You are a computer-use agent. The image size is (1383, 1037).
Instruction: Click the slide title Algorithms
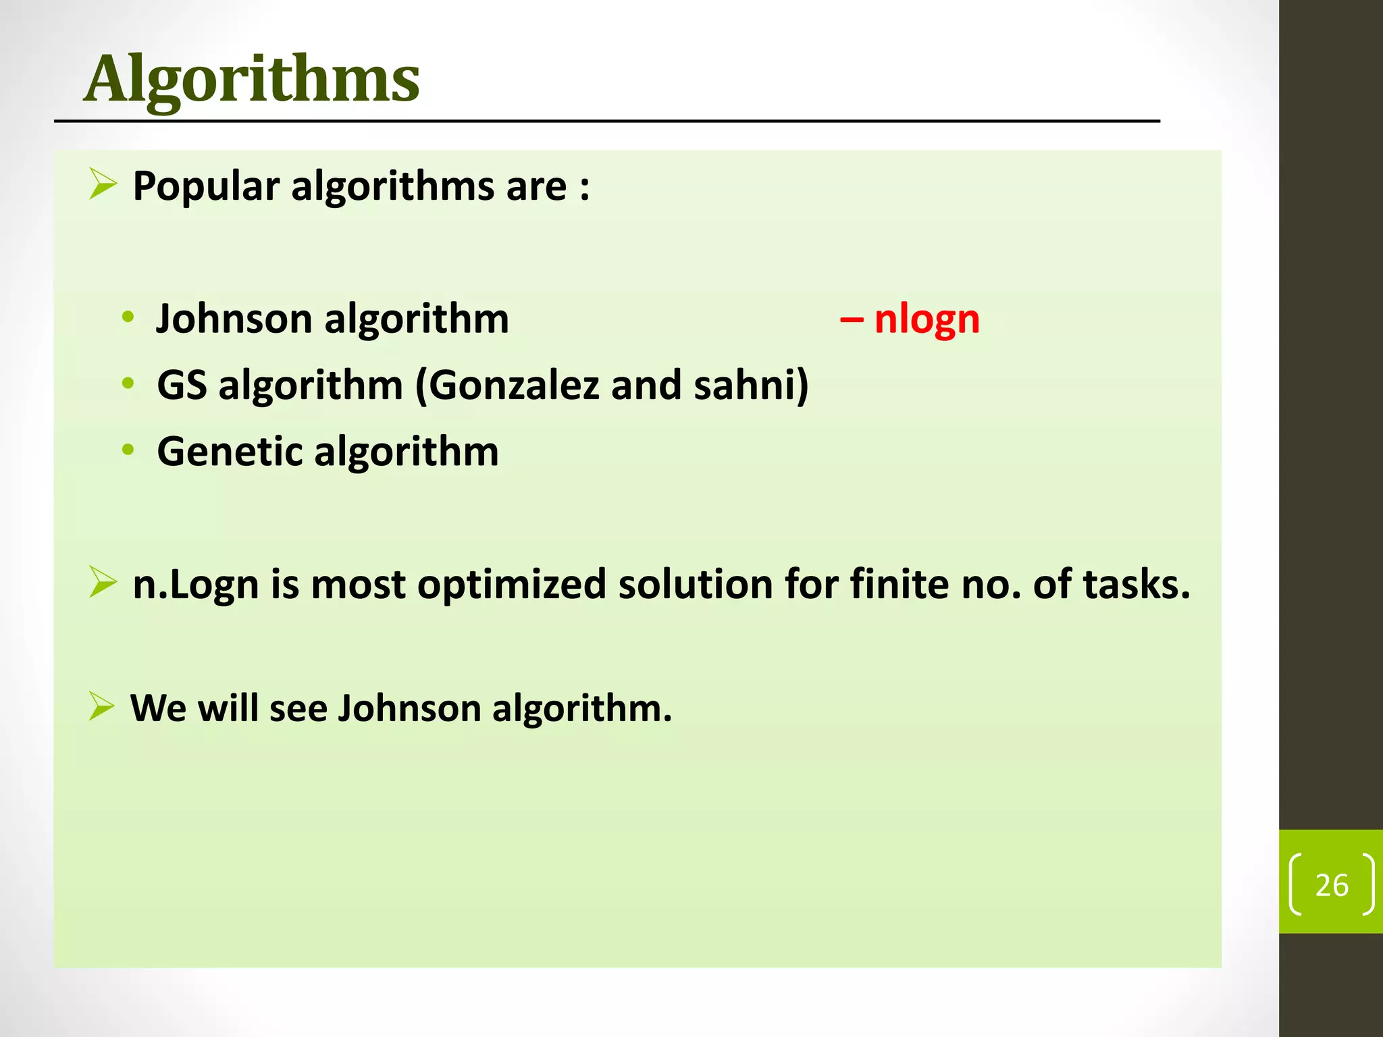251,80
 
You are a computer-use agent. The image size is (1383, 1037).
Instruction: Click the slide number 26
1332,885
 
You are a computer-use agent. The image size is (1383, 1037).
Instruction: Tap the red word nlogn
927,319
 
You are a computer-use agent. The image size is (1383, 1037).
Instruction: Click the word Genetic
230,451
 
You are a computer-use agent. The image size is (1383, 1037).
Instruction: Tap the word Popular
206,186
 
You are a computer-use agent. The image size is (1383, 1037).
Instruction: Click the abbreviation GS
182,385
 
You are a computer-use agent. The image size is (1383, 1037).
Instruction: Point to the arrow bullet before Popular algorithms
103,184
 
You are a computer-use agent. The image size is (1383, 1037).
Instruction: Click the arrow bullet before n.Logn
103,583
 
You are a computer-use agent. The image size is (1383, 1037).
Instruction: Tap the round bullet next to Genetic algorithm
128,450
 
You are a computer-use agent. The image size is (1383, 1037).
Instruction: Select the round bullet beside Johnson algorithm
128,317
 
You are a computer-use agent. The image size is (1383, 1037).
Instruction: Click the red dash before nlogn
851,319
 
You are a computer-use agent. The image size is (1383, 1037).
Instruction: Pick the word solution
695,585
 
